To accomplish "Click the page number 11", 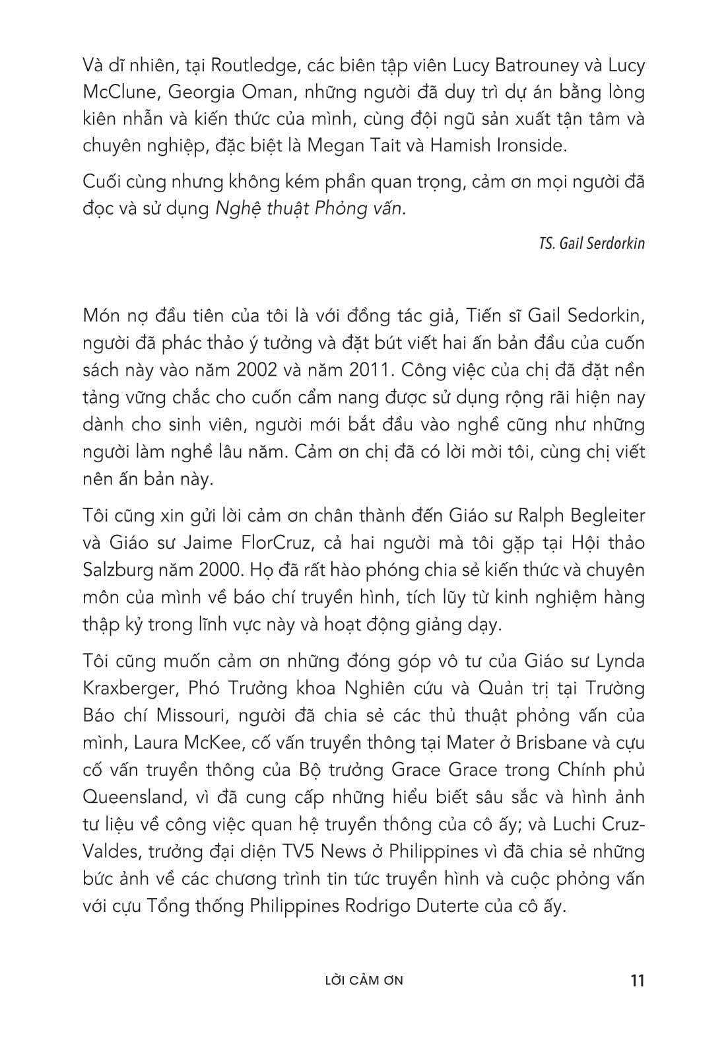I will pyautogui.click(x=637, y=980).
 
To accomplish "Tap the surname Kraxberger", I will pyautogui.click(x=129, y=689).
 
